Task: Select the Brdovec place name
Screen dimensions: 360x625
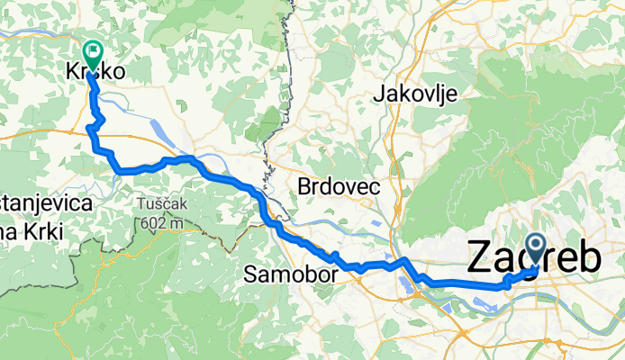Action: coord(339,187)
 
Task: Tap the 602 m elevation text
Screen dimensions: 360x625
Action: coord(160,222)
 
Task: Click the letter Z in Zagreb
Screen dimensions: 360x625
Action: coord(482,258)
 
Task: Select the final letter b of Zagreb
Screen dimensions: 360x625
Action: coord(589,258)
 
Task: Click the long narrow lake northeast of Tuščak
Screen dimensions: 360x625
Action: coord(169,133)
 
